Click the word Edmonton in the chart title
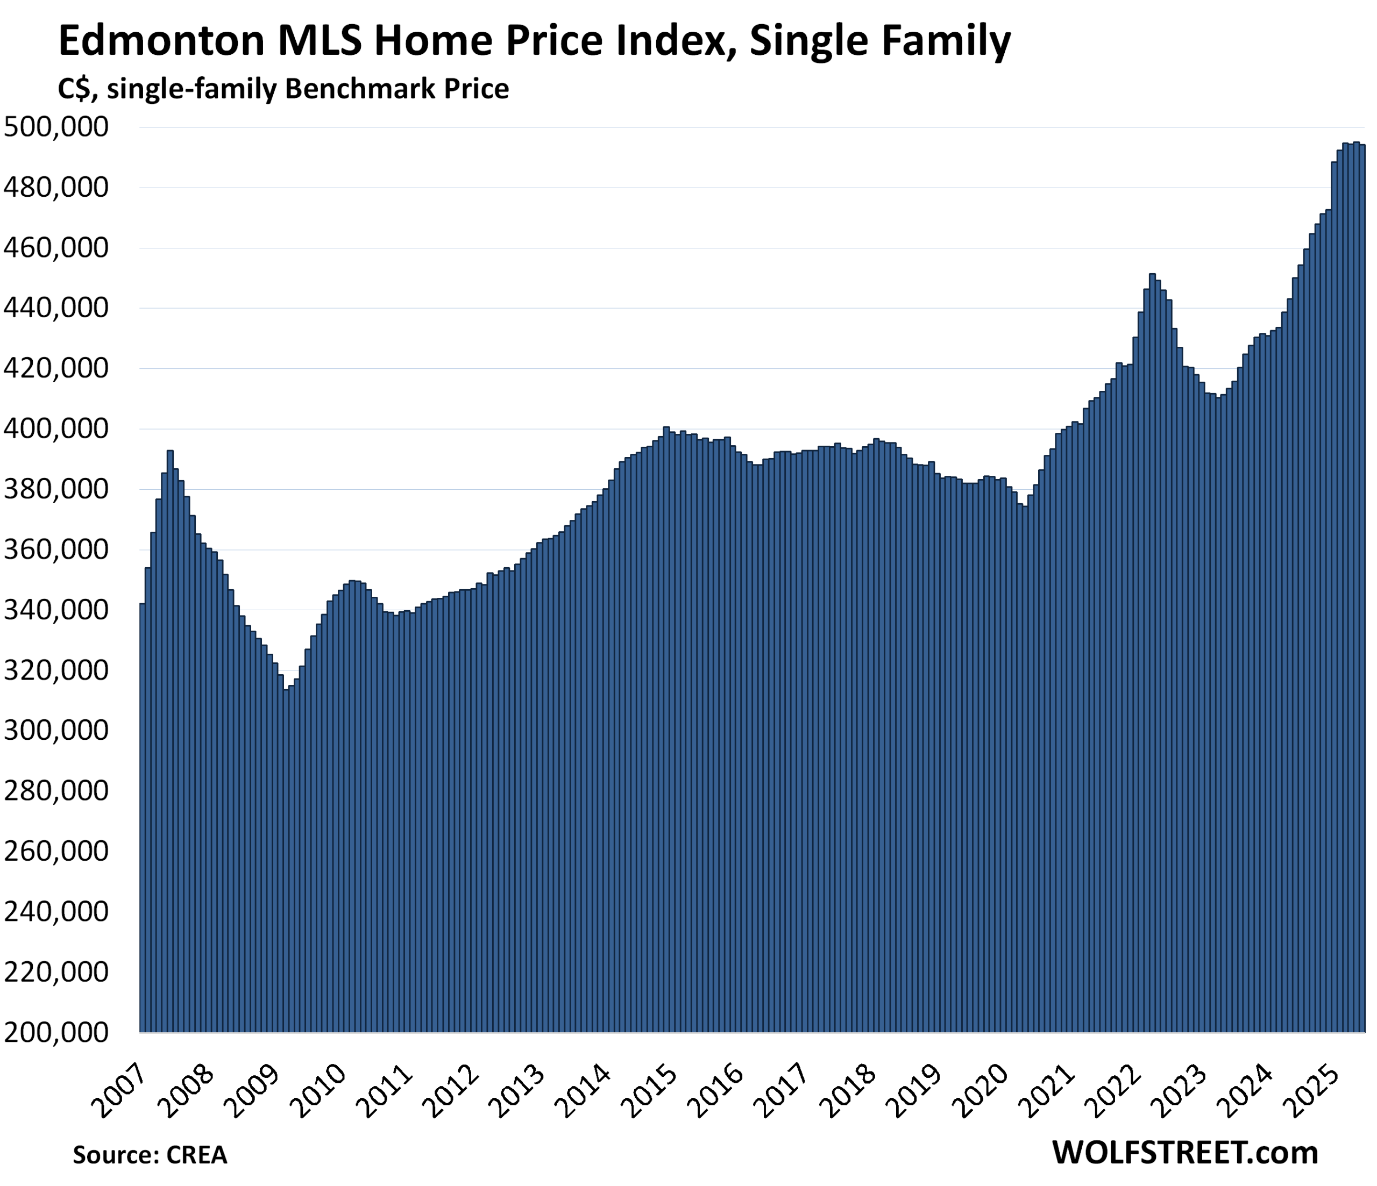pyautogui.click(x=162, y=41)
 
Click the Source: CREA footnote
pyautogui.click(x=150, y=1155)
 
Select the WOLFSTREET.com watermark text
pyautogui.click(x=1185, y=1152)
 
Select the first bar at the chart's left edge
pyautogui.click(x=142, y=797)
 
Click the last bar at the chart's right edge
pyautogui.click(x=1362, y=598)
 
